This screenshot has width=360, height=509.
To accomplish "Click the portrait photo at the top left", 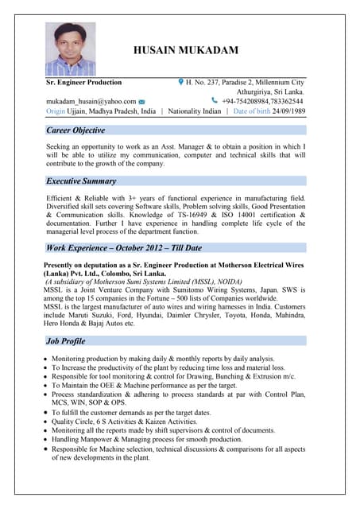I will (69, 49).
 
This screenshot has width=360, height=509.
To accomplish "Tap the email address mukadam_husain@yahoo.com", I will (91, 102).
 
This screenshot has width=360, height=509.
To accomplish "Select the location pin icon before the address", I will (181, 82).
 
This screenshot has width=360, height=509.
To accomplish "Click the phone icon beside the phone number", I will (215, 101).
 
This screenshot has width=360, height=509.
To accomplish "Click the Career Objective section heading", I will (75, 130).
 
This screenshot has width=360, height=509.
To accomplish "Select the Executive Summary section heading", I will (81, 181).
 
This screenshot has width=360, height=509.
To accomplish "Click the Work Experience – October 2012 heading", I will (124, 248).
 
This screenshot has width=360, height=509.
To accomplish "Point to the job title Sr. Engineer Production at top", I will (84, 82).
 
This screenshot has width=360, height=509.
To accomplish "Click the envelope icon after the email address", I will (141, 102).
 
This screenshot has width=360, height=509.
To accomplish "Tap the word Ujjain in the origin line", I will (77, 112).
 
